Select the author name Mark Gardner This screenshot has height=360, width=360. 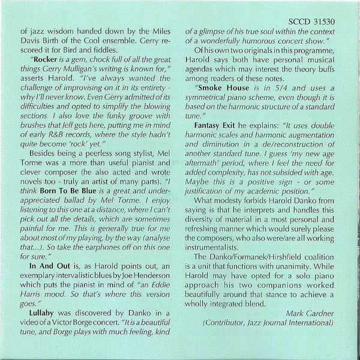pyautogui.click(x=318, y=313)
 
